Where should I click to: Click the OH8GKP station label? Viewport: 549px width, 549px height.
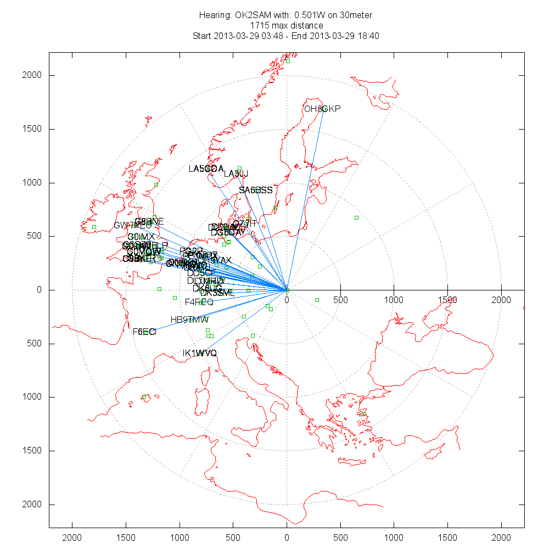pyautogui.click(x=322, y=109)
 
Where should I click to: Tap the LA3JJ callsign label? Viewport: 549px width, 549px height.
pyautogui.click(x=236, y=174)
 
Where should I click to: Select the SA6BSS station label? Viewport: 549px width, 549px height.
pyautogui.click(x=255, y=191)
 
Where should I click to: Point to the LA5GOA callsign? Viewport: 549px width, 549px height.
pyautogui.click(x=206, y=169)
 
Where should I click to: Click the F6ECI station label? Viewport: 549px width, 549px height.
pyautogui.click(x=144, y=332)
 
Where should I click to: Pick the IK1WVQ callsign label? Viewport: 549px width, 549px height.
pyautogui.click(x=200, y=353)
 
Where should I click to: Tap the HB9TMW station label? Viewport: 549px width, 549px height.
pyautogui.click(x=189, y=320)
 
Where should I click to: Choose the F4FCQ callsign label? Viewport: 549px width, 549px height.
pyautogui.click(x=199, y=302)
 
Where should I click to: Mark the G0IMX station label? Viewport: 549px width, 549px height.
pyautogui.click(x=141, y=237)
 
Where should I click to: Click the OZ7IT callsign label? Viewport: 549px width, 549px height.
pyautogui.click(x=245, y=223)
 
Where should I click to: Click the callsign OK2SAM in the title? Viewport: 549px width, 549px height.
pyautogui.click(x=252, y=15)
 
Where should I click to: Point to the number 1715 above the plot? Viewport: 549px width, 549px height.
pyautogui.click(x=259, y=25)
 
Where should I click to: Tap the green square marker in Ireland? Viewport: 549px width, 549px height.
pyautogui.click(x=94, y=227)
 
